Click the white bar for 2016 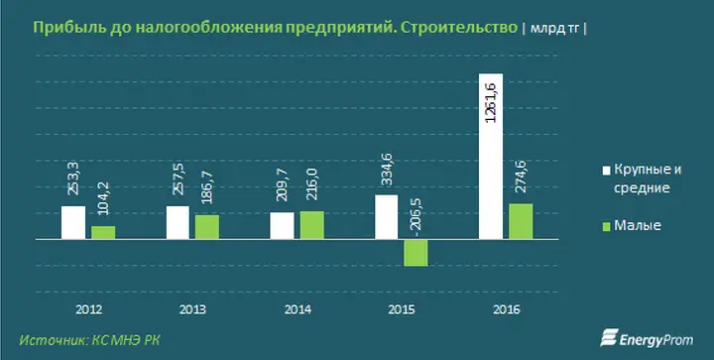click(x=491, y=156)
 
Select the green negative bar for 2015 click(x=416, y=253)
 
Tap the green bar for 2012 click(x=103, y=233)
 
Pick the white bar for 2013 click(x=178, y=222)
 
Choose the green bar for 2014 click(x=312, y=225)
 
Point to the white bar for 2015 click(x=386, y=217)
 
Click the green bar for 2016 click(x=521, y=221)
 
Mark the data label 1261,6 click(x=491, y=103)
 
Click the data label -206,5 click(x=416, y=217)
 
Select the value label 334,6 click(x=387, y=170)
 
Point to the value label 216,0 click(x=312, y=184)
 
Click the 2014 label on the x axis click(x=297, y=310)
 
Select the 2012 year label click(x=89, y=310)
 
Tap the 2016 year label click(x=507, y=310)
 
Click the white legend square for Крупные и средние click(x=606, y=172)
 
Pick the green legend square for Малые click(x=606, y=226)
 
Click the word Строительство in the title click(x=458, y=28)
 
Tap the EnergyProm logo click(x=647, y=338)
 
